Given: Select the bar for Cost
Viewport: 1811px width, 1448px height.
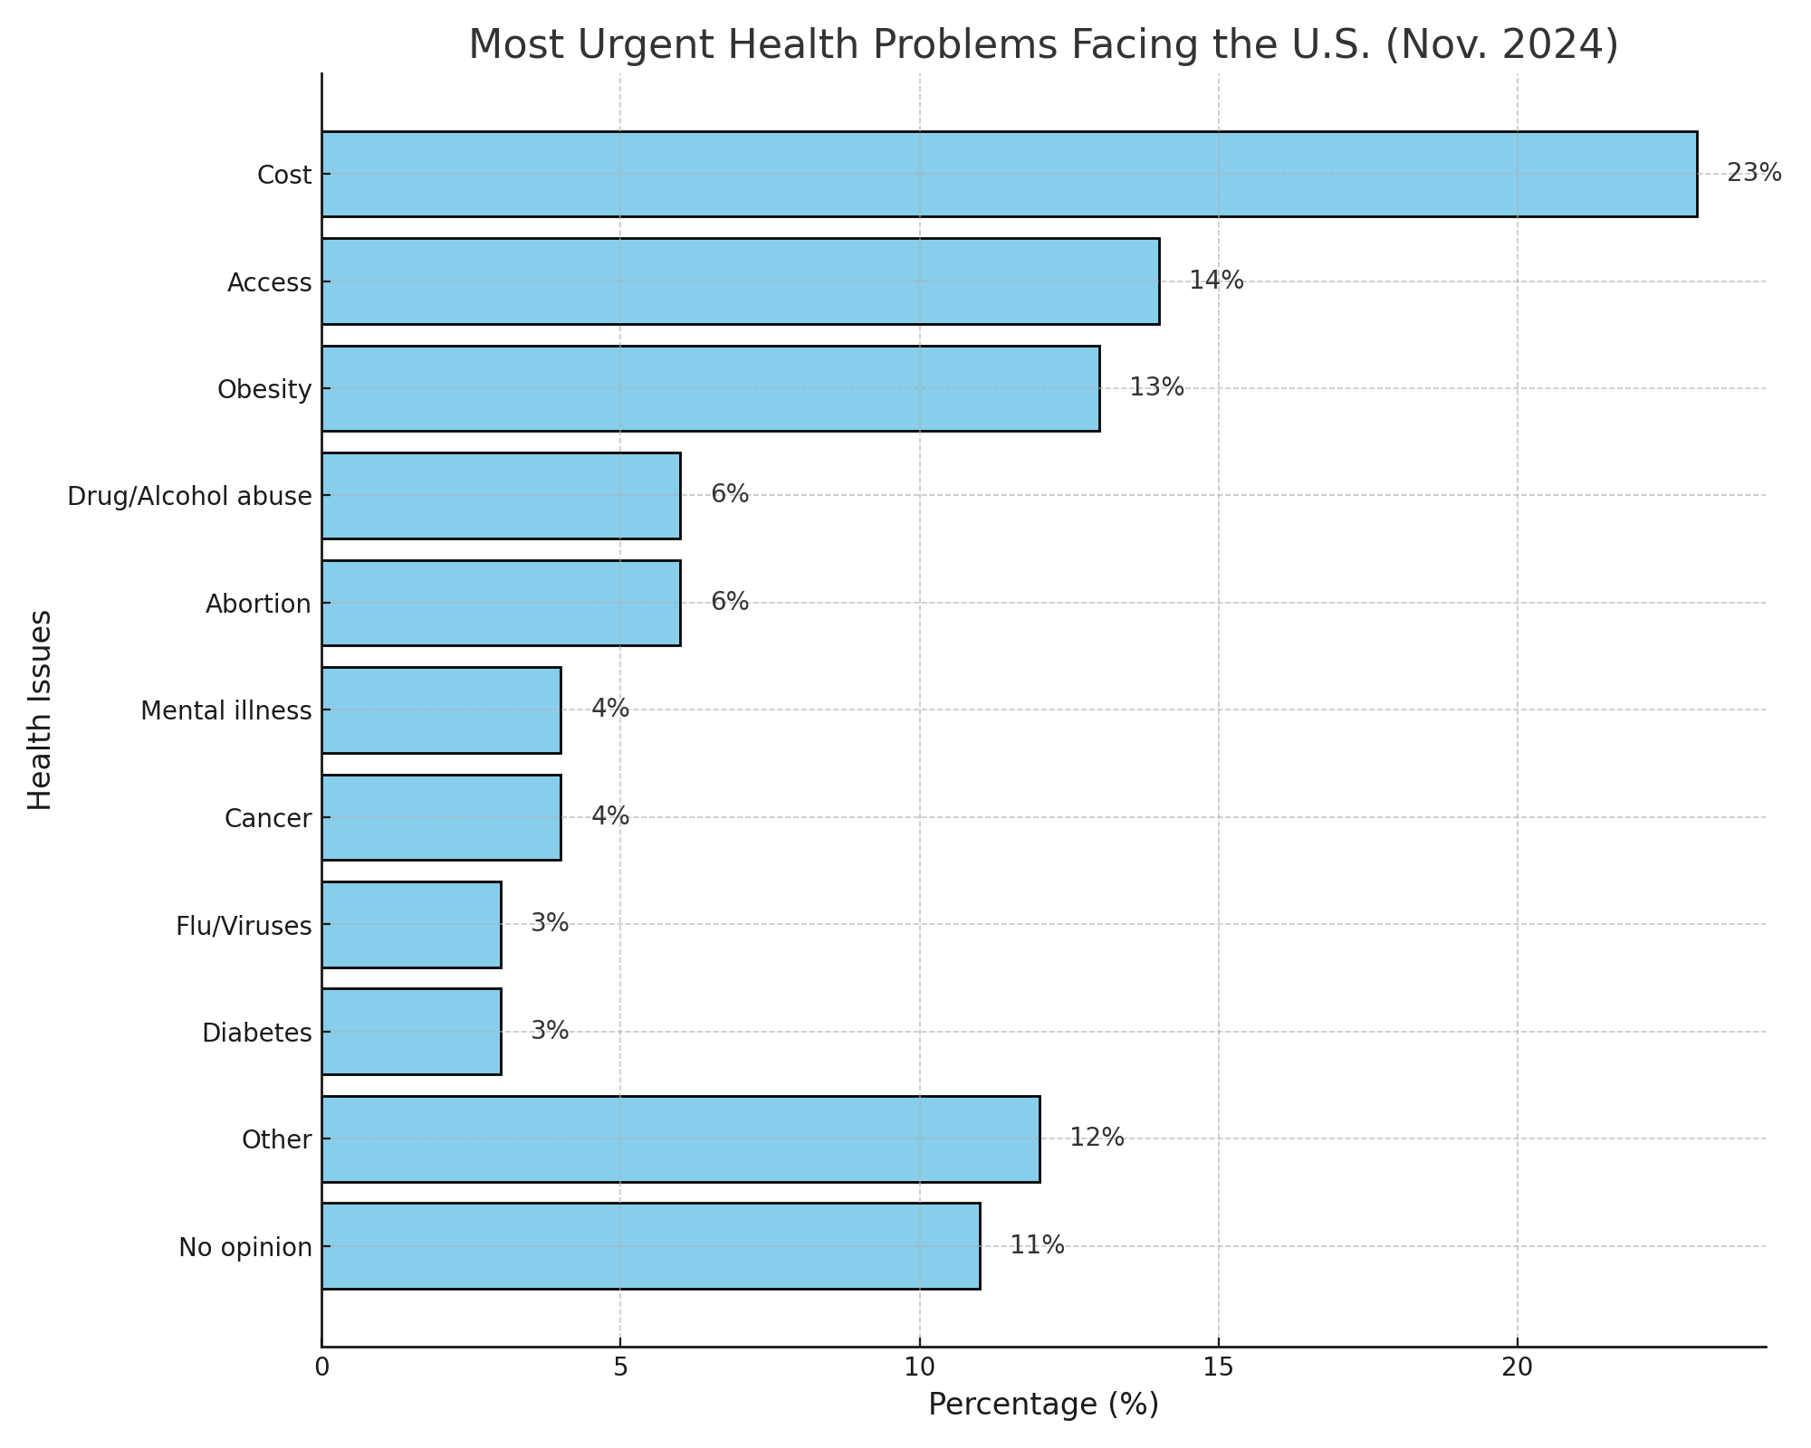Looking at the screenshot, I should [x=1009, y=174].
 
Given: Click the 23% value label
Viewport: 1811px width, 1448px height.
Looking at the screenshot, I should [x=1753, y=173].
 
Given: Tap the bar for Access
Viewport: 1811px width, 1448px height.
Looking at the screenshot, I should [x=740, y=281].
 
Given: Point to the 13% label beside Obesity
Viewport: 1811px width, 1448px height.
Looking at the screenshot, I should [x=1155, y=387].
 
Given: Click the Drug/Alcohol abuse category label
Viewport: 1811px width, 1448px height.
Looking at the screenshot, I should [x=189, y=496].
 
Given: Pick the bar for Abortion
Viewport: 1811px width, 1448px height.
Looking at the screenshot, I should [x=501, y=603].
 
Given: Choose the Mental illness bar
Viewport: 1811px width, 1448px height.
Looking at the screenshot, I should [x=441, y=710].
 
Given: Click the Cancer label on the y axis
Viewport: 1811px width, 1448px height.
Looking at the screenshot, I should [x=267, y=818].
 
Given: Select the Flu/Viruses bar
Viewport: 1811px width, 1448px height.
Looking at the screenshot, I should [x=411, y=924].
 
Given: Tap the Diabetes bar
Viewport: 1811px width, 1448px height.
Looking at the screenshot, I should [x=411, y=1032].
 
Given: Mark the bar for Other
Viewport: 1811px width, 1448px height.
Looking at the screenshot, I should [x=680, y=1138].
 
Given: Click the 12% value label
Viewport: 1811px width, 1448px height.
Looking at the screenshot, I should [x=1097, y=1138].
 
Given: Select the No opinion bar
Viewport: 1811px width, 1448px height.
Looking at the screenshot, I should [x=650, y=1246].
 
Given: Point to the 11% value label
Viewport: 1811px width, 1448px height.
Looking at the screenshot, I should [x=1037, y=1245].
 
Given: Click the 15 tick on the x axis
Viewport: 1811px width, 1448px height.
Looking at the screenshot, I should [x=1218, y=1367].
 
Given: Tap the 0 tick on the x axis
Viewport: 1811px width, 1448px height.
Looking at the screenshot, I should [x=321, y=1367].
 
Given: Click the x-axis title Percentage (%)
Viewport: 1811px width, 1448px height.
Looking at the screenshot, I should [x=1043, y=1405].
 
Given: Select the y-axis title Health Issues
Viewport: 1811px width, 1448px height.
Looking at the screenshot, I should [x=40, y=710].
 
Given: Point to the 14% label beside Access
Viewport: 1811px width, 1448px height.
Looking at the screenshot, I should [x=1215, y=281].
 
